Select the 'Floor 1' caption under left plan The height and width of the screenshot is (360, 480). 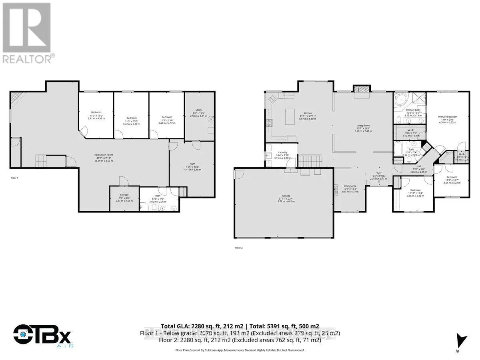[14, 177]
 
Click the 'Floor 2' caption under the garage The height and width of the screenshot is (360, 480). [239, 248]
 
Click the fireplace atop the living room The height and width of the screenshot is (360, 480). [362, 91]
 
